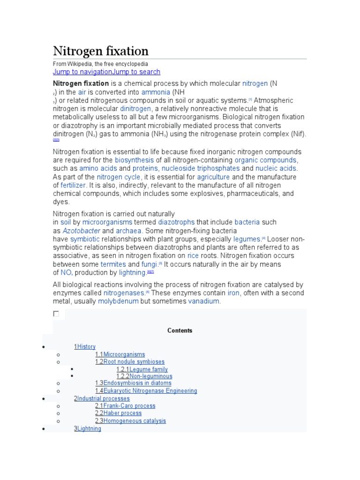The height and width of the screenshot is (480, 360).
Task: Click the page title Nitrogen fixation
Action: [101, 51]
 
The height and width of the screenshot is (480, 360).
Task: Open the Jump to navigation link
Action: [82, 72]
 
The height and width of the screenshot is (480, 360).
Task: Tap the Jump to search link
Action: [136, 72]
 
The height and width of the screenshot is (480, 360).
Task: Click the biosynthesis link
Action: [134, 160]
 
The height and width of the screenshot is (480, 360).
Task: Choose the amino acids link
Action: [98, 169]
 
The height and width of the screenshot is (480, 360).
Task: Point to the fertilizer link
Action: [74, 186]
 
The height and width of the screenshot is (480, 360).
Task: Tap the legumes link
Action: [246, 239]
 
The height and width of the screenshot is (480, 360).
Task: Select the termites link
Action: [113, 264]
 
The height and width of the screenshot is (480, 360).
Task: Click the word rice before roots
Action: [193, 256]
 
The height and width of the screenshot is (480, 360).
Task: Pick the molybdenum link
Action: [118, 301]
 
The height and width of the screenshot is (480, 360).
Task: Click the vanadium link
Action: [203, 301]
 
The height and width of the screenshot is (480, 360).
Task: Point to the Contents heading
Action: [180, 330]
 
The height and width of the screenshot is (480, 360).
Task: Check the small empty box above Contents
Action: [56, 314]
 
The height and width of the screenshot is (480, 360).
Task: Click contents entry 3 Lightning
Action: [89, 429]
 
